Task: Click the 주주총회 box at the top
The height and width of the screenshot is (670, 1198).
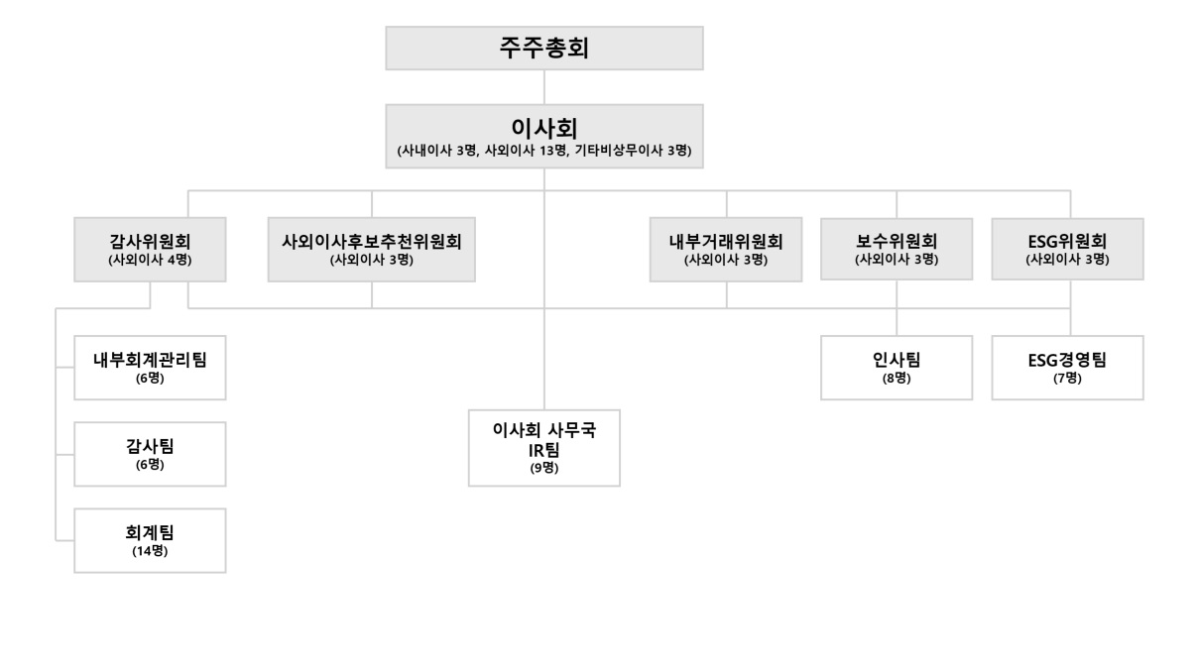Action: [543, 49]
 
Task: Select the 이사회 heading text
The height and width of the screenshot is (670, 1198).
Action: [543, 128]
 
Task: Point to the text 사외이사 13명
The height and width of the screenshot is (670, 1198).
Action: [526, 151]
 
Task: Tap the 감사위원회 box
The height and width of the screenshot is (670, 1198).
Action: [150, 250]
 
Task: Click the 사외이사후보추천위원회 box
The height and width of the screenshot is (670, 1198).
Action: [371, 250]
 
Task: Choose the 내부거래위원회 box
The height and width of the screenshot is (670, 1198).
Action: [726, 250]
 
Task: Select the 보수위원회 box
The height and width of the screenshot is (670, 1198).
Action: [897, 249]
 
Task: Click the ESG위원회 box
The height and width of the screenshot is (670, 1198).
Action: [1067, 249]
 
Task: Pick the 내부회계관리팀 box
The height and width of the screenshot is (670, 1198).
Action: [150, 368]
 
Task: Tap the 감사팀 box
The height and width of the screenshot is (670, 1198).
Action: [150, 454]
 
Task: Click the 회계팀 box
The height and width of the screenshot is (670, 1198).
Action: [150, 541]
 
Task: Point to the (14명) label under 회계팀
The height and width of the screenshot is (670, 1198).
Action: [150, 551]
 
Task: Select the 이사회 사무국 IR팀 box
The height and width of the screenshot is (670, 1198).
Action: [543, 448]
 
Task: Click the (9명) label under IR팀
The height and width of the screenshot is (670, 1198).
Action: [543, 468]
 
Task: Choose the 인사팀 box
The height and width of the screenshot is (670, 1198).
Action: [897, 368]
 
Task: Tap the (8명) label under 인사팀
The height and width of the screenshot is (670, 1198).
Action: [897, 379]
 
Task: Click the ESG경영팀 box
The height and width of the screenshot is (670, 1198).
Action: [1067, 368]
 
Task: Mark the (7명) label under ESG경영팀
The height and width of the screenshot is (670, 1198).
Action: [1067, 379]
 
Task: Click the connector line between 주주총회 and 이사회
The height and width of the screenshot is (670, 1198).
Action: [543, 87]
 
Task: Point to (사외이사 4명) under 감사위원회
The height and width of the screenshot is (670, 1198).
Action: [150, 261]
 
